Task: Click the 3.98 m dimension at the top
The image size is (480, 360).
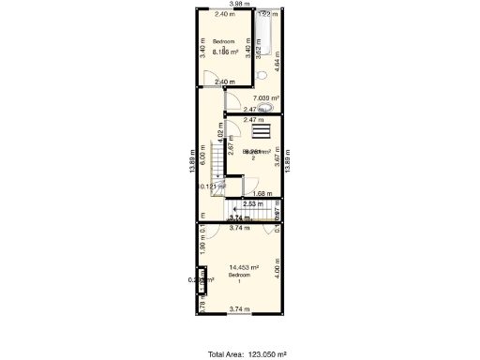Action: click(x=240, y=5)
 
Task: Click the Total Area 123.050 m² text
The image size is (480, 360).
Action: click(x=247, y=354)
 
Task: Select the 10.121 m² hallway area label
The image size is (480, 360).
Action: click(x=211, y=187)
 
